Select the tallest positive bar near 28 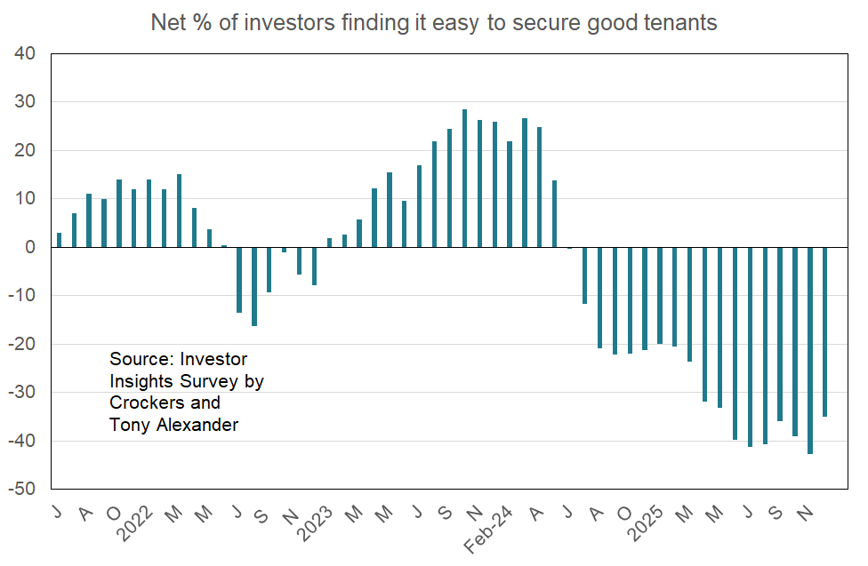(x=464, y=179)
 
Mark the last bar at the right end (x=825, y=332)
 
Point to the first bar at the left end (x=59, y=240)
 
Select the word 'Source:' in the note (x=141, y=359)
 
